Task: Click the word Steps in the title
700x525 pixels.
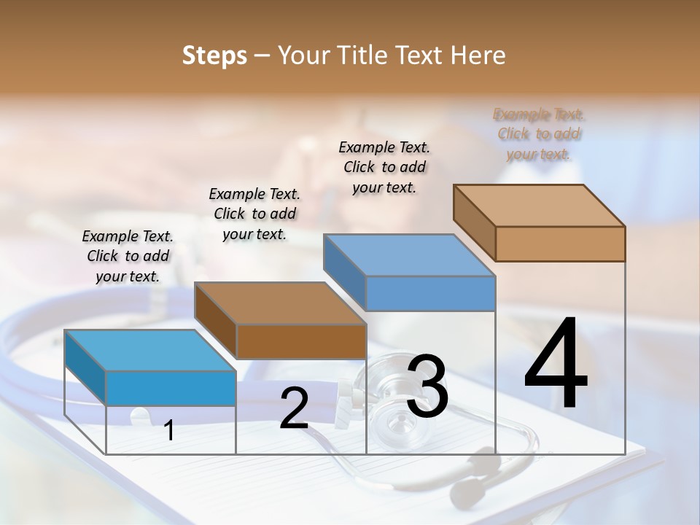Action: [214, 55]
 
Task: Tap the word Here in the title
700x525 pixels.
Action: [477, 55]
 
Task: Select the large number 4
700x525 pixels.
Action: [556, 365]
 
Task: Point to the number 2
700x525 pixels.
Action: [294, 408]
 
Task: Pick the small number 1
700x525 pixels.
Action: [169, 431]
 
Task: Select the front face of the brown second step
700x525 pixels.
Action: [301, 341]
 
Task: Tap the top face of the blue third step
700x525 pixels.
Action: [409, 255]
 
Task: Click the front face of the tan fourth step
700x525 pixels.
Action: [560, 244]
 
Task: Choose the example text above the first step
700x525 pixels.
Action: [128, 256]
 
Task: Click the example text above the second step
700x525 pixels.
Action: [254, 214]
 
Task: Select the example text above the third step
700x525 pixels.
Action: [384, 167]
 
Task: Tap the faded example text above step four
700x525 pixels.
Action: [539, 133]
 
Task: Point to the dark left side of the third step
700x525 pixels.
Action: [344, 272]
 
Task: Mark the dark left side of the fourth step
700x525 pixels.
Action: [474, 222]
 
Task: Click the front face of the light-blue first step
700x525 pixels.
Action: [171, 388]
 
